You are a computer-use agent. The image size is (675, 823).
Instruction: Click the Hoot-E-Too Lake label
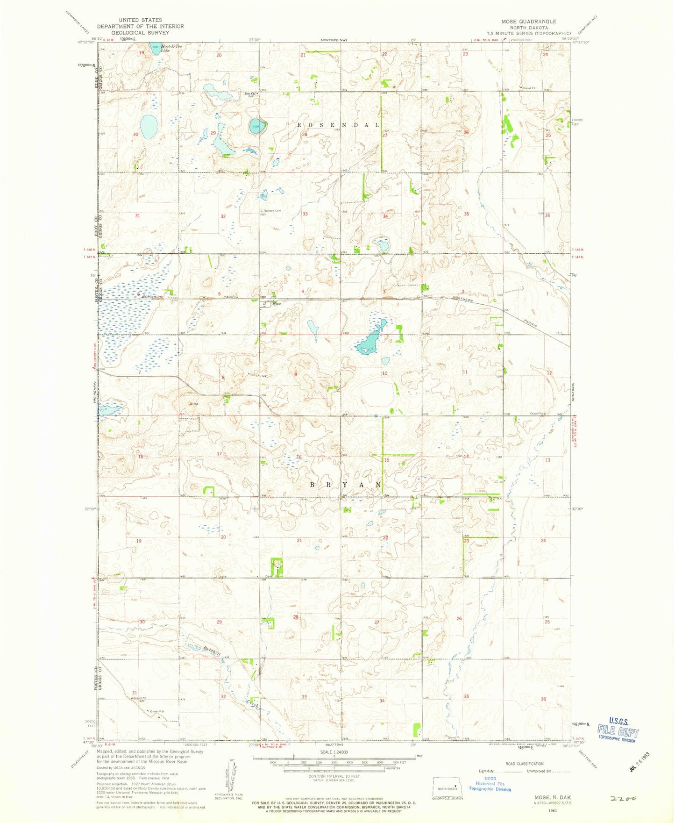[169, 49]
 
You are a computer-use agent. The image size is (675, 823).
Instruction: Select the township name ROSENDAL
[339, 125]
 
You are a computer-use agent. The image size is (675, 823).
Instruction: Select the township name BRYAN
[346, 485]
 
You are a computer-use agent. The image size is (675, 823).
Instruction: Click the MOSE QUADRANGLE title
[528, 21]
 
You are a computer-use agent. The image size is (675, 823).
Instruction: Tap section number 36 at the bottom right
[543, 699]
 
